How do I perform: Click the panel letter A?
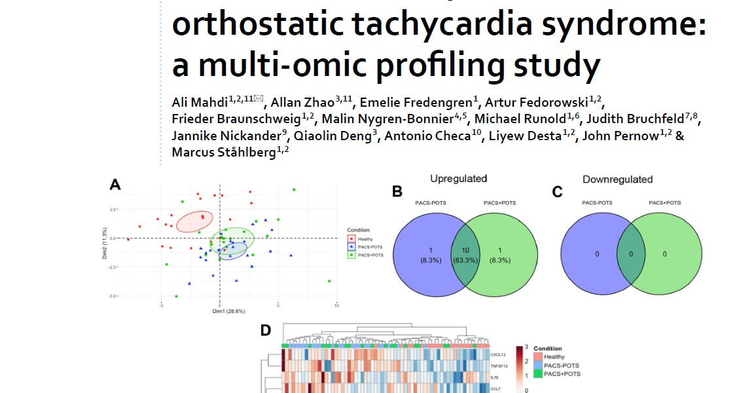click(x=115, y=185)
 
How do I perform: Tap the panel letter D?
click(x=266, y=331)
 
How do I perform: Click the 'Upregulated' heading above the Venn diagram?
click(x=458, y=179)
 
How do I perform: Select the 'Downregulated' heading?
click(x=617, y=179)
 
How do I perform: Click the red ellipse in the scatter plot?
click(x=194, y=221)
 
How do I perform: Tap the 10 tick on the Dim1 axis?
click(x=336, y=305)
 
